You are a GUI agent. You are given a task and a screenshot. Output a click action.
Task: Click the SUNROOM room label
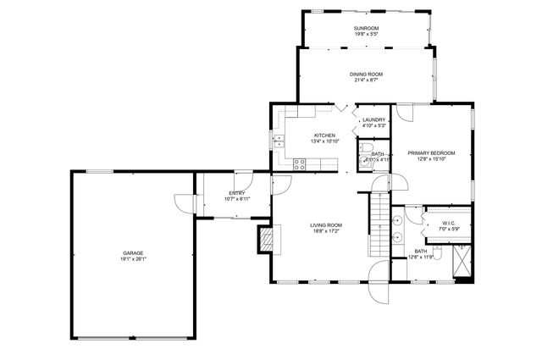366,29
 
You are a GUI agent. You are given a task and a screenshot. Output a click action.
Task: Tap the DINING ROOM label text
366,75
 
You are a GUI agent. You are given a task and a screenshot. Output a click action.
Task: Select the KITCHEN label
324,136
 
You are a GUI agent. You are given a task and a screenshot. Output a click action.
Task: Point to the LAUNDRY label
373,119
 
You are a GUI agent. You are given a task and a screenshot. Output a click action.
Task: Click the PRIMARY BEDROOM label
431,152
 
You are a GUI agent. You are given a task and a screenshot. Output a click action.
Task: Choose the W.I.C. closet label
449,224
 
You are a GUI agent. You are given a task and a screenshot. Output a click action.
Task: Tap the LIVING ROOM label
325,224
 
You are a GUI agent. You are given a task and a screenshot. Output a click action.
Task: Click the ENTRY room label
236,193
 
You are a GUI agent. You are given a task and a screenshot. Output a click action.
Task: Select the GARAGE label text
132,253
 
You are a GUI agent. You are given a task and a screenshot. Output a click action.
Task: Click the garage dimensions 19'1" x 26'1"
132,260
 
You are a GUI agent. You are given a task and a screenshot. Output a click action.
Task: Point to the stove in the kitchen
299,165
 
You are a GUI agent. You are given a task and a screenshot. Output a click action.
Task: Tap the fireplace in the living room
268,240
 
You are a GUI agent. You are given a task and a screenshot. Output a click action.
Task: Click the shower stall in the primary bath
461,261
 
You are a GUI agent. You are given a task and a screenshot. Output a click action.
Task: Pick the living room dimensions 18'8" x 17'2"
325,231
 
